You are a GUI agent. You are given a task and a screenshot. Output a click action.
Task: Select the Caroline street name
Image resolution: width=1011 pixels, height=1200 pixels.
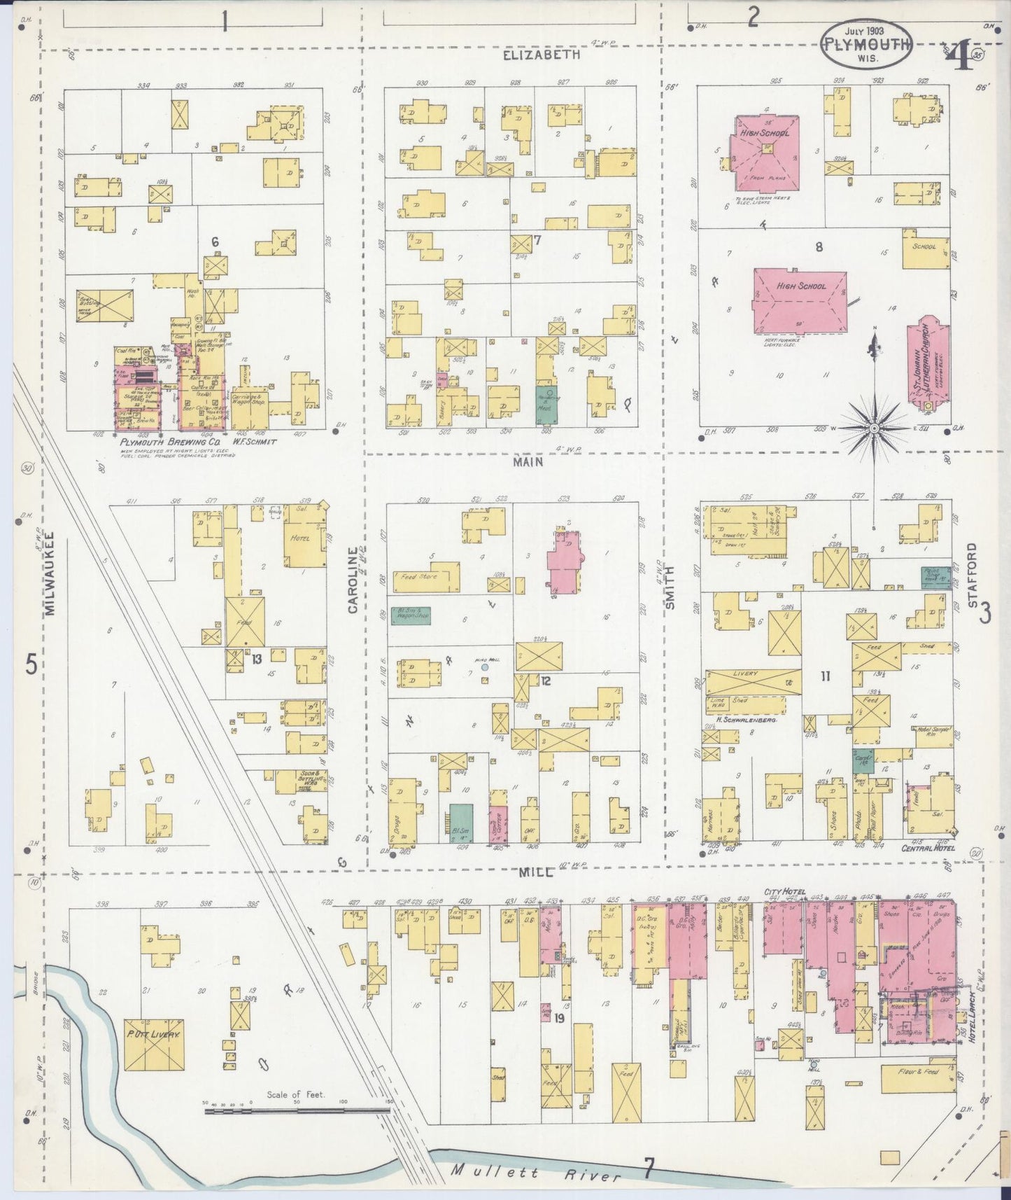pos(353,580)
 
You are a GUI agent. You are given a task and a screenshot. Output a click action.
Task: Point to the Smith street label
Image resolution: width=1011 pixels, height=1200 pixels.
pos(670,587)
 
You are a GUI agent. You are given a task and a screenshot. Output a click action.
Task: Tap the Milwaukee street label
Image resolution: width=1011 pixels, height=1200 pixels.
pos(50,577)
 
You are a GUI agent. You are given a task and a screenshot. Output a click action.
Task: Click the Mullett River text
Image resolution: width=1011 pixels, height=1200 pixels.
pos(536,1171)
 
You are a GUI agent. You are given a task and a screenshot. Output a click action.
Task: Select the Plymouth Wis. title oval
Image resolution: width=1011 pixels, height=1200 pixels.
pos(867,43)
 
